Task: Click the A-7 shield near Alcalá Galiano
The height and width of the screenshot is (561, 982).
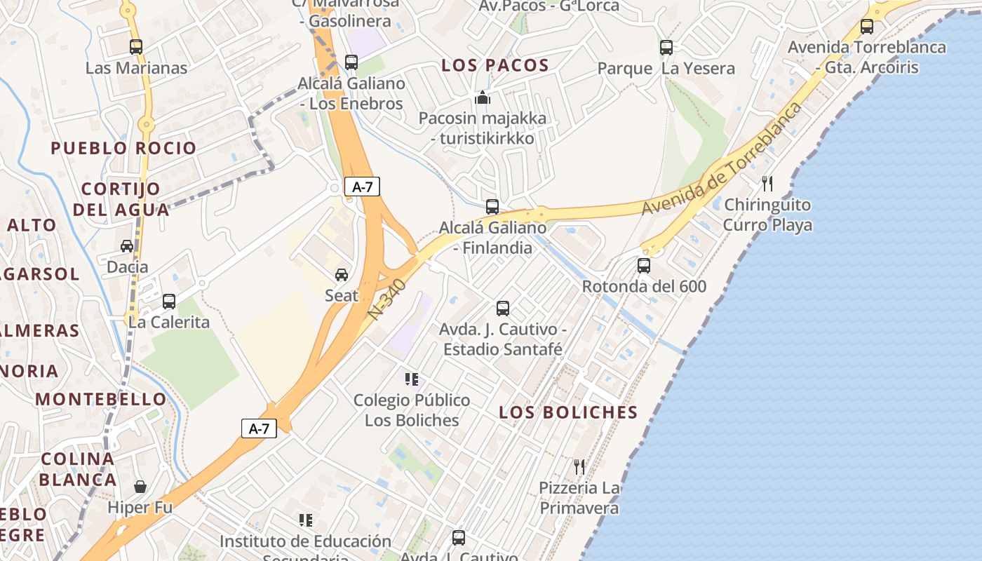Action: coord(363,187)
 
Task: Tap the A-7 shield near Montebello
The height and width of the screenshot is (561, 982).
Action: coord(259,428)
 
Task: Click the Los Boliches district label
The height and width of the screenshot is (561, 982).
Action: coord(568,412)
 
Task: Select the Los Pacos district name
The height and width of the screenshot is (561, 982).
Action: coord(495,66)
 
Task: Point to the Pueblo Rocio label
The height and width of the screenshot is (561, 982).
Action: coord(123,149)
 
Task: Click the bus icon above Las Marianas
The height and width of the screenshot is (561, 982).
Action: coord(136,47)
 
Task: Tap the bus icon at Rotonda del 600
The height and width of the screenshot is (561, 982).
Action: coord(644,266)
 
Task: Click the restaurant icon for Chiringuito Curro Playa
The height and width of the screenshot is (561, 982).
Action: coord(767,184)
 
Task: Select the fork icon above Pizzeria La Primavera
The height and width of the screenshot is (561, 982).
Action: coord(579,466)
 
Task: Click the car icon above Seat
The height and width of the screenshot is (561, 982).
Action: coord(342,275)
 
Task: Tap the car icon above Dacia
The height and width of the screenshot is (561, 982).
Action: coord(127,246)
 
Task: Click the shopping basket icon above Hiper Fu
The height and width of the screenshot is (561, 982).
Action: coord(140,487)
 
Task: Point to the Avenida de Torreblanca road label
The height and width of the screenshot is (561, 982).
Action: coord(722,160)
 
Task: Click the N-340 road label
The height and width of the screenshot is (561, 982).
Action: coord(386,301)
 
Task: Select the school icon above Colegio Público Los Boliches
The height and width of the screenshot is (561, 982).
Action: coord(412,379)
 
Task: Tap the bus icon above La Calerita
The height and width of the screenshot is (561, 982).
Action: coord(169,302)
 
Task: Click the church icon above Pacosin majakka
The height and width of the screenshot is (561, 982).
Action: coord(483,97)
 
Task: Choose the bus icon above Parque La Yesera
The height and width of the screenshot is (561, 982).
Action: coord(666,48)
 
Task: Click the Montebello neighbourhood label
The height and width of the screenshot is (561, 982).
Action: coord(102,400)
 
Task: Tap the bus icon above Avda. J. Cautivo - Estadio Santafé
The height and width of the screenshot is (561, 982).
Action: coord(503,308)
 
